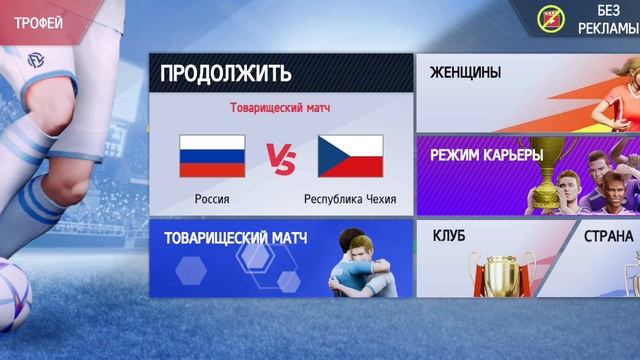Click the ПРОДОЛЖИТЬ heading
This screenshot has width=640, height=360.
click(226, 73)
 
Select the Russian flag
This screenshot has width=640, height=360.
click(212, 155)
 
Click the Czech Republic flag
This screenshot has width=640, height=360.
click(350, 155)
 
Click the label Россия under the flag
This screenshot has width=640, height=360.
click(211, 199)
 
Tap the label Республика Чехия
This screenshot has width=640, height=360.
click(350, 199)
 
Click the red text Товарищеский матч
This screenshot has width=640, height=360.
click(281, 107)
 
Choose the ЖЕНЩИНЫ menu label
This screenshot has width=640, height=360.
click(465, 73)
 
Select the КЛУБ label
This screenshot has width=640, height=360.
click(449, 236)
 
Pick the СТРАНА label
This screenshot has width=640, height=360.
click(609, 236)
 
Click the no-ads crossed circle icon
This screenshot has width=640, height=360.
click(549, 19)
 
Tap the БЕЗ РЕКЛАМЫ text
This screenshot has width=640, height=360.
click(607, 19)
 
